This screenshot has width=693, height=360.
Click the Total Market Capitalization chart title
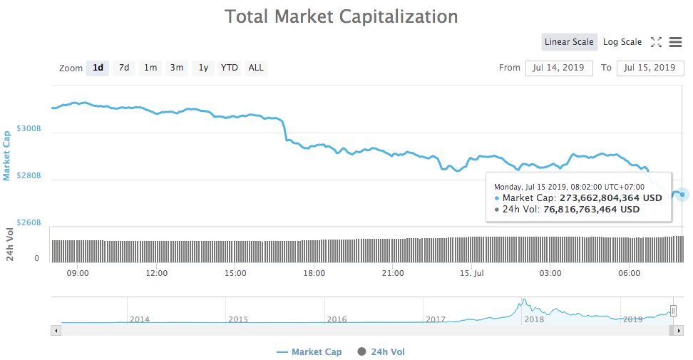[342, 16]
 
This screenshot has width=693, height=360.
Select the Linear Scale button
[568, 42]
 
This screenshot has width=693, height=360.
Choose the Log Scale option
[622, 42]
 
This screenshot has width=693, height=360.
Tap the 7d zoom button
[124, 68]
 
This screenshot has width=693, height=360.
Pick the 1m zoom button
[150, 68]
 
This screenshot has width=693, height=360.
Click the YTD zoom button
[229, 68]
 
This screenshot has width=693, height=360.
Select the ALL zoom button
[256, 68]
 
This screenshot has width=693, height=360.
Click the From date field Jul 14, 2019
[559, 68]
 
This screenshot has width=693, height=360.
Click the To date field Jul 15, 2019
[649, 68]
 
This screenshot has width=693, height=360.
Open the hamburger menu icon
[675, 42]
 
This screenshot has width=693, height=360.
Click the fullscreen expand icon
[657, 42]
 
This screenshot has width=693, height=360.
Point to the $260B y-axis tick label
[29, 223]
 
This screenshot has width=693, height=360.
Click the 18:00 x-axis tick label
[314, 273]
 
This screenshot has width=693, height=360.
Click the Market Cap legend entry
[309, 351]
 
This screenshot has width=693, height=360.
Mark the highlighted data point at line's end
[682, 194]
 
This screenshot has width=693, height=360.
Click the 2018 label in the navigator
[534, 319]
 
